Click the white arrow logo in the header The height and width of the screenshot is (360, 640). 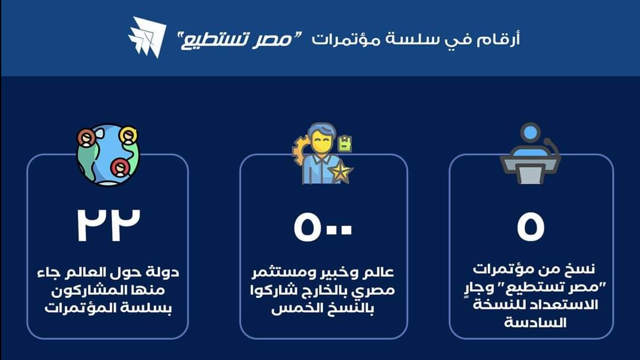pos(148,37)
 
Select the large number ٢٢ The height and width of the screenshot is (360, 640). pos(109,225)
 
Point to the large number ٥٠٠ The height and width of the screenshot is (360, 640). pos(322,227)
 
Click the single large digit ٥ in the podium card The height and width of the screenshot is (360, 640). pos(531,227)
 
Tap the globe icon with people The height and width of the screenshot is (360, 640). pos(108,154)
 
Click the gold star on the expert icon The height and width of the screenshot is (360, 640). pos(341,173)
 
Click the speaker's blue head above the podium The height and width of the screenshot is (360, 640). pos(530,133)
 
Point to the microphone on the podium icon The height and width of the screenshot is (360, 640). pos(551,147)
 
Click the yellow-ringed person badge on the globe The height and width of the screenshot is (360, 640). pos(128,136)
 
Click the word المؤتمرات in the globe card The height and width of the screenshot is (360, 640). pos(73,308)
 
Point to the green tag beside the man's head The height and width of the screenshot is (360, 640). pos(345,143)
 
